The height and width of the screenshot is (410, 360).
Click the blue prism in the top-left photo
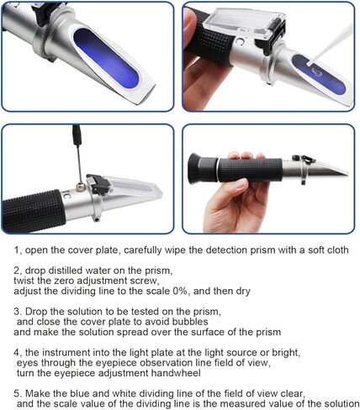tap(107, 58)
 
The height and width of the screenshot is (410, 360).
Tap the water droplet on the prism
tap(318, 72)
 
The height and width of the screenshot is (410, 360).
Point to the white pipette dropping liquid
tap(331, 45)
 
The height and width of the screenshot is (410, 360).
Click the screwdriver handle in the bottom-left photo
tap(77, 134)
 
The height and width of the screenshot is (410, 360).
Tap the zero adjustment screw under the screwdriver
tap(81, 187)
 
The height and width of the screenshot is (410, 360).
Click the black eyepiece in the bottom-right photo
tap(203, 168)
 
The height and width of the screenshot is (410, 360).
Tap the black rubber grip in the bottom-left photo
tap(33, 211)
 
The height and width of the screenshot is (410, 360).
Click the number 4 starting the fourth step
tap(16, 353)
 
